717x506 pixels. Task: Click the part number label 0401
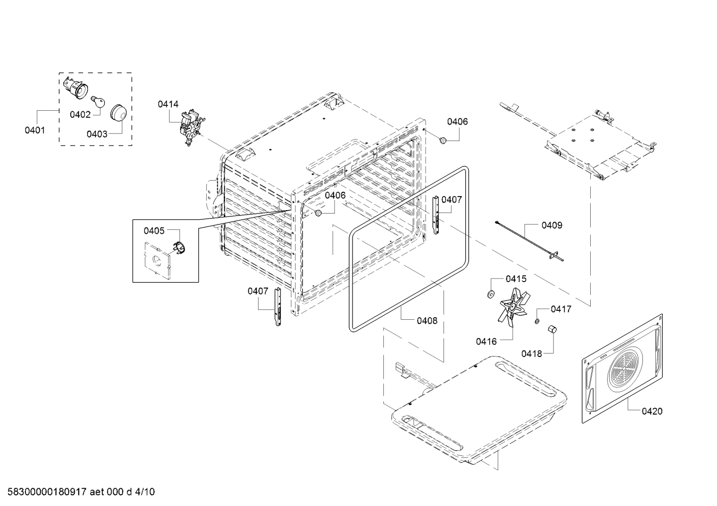[x=35, y=131]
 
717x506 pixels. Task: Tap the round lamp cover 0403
[x=118, y=113]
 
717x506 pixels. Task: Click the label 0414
[x=168, y=104]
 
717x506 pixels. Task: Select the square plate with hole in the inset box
[x=158, y=258]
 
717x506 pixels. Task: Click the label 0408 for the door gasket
[x=427, y=321]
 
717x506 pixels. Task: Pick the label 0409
[x=552, y=225]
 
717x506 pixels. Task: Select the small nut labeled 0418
[x=551, y=330]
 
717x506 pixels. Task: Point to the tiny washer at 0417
[x=537, y=321]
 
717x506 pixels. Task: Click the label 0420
[x=651, y=411]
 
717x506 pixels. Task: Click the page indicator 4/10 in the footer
[x=144, y=492]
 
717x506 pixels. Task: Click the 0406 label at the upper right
[x=457, y=122]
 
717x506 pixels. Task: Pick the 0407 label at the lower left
[x=258, y=291]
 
